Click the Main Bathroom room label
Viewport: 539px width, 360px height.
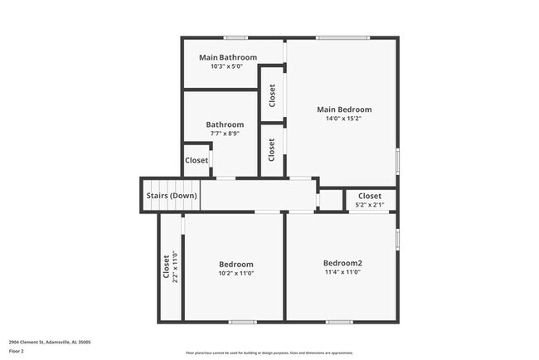pyautogui.click(x=228, y=57)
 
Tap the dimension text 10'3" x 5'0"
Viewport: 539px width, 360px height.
pyautogui.click(x=228, y=66)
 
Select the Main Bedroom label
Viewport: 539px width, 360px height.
pyautogui.click(x=344, y=109)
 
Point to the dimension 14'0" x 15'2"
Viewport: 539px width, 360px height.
pyautogui.click(x=344, y=119)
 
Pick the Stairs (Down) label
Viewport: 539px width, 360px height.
pyautogui.click(x=172, y=196)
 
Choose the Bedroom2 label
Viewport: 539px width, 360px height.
pyautogui.click(x=343, y=263)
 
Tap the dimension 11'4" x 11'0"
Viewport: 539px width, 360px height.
pyautogui.click(x=343, y=272)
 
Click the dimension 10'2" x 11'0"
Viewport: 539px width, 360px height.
pyautogui.click(x=236, y=273)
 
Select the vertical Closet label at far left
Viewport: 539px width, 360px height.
pyautogui.click(x=167, y=267)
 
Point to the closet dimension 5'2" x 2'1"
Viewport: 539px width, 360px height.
pyautogui.click(x=370, y=205)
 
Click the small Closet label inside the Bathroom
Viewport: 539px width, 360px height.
pyautogui.click(x=197, y=160)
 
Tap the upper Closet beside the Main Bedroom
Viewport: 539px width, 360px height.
pyautogui.click(x=272, y=95)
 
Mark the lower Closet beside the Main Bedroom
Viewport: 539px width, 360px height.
pyautogui.click(x=272, y=149)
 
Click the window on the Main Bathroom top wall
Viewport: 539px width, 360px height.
pyautogui.click(x=236, y=37)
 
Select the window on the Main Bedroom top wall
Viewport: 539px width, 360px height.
pyautogui.click(x=342, y=37)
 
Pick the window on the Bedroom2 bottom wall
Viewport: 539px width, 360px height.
pyautogui.click(x=338, y=322)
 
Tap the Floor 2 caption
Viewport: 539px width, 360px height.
pyautogui.click(x=17, y=351)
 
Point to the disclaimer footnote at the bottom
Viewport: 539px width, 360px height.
pyautogui.click(x=269, y=352)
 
